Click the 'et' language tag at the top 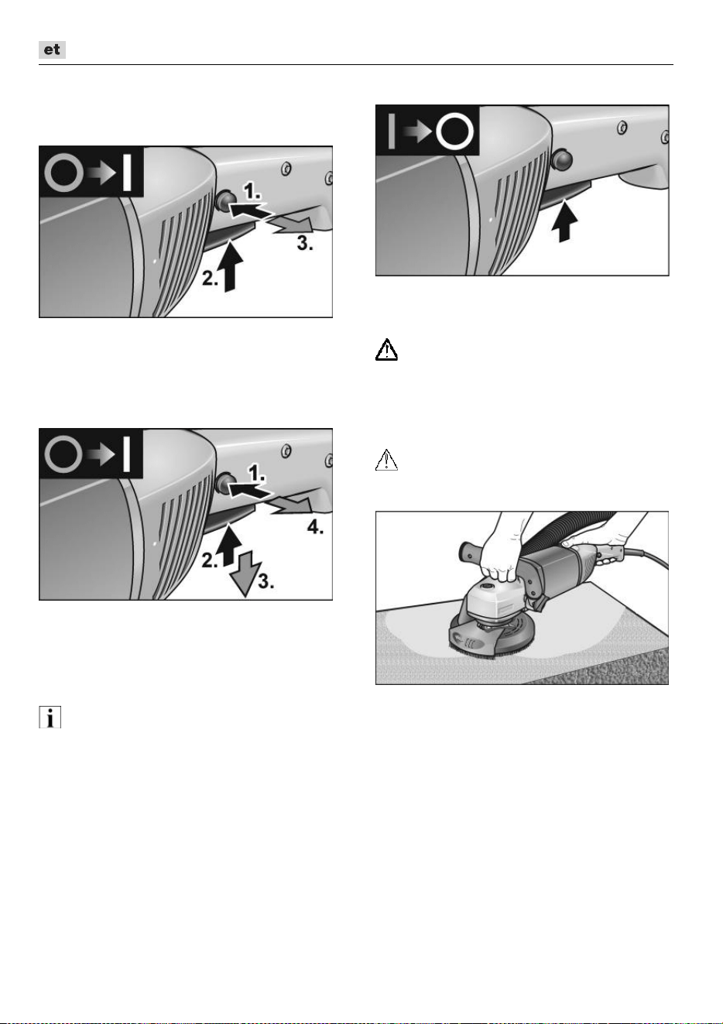[x=52, y=50]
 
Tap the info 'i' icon [x=50, y=717]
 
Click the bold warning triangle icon [x=386, y=350]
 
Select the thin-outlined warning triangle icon [x=386, y=460]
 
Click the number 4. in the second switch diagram [x=315, y=528]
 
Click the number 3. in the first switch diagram [x=305, y=244]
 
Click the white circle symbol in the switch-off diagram [x=454, y=131]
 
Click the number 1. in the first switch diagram [x=252, y=191]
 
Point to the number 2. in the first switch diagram [x=210, y=279]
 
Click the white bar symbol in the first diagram [x=127, y=173]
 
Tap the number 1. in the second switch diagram [x=256, y=474]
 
